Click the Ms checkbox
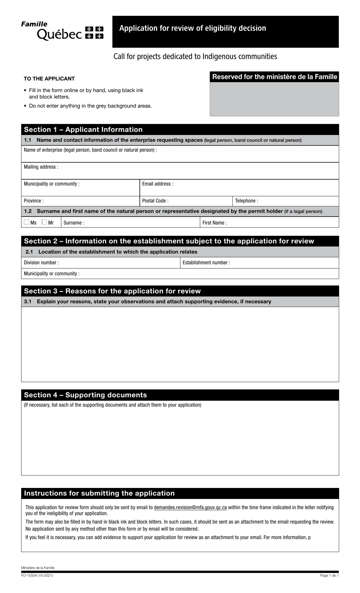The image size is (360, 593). tap(27, 222)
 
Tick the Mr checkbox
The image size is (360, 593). tap(44, 222)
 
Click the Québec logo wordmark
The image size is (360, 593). tap(59, 35)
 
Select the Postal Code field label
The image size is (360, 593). tap(155, 201)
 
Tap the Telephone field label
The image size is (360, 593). tap(246, 201)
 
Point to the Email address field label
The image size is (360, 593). tap(158, 184)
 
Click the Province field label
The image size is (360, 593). tap(34, 201)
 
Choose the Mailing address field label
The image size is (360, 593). tap(41, 167)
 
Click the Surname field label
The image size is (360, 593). tap(74, 223)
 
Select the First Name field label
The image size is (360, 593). tap(214, 223)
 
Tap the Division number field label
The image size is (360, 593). tap(41, 263)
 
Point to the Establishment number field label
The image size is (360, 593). tap(206, 263)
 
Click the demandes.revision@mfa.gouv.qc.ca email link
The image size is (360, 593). tap(190, 507)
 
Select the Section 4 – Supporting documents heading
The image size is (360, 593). tap(86, 395)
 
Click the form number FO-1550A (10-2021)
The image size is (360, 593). tap(37, 576)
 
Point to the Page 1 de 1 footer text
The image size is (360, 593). tap(329, 576)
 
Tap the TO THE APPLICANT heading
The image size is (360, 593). tap(49, 79)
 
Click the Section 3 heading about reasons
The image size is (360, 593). tap(113, 291)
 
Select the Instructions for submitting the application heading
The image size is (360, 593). tap(99, 493)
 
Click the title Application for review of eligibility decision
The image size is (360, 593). tap(193, 28)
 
